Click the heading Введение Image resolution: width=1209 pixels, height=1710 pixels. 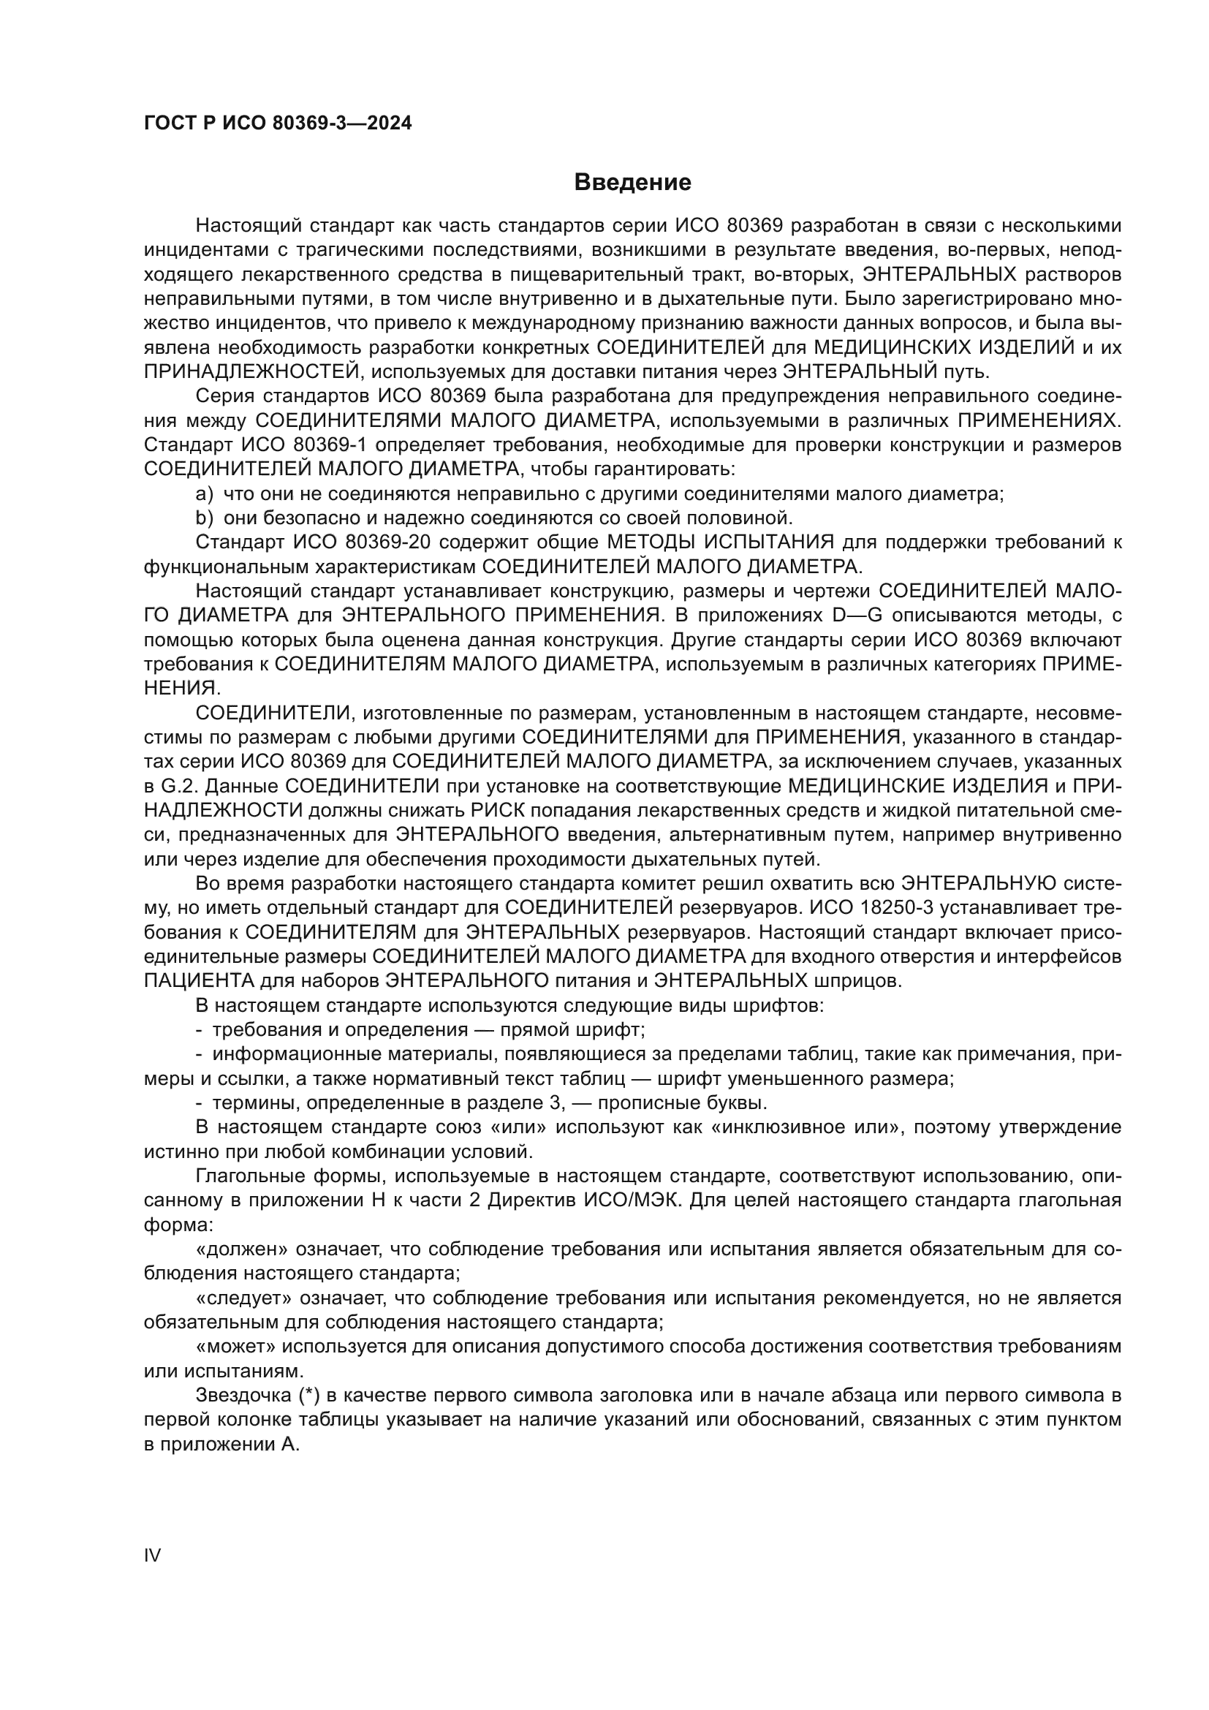click(633, 183)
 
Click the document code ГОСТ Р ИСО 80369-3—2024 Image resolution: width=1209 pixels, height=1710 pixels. click(278, 124)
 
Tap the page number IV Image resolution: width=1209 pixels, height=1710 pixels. click(152, 1555)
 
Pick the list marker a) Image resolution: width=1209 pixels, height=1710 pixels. click(204, 493)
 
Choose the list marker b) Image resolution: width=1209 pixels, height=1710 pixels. click(204, 518)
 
